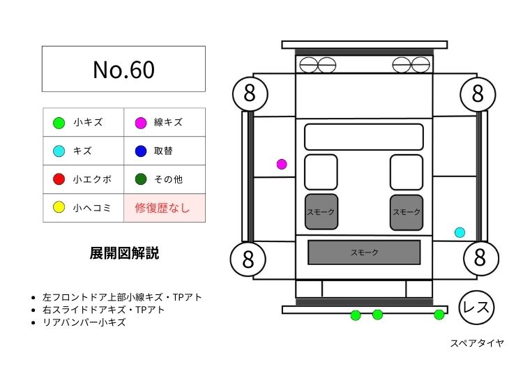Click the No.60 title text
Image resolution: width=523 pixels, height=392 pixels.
123,69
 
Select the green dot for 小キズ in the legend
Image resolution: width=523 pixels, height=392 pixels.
59,123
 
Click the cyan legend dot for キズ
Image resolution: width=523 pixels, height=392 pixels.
59,151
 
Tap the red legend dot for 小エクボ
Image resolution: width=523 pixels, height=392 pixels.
59,179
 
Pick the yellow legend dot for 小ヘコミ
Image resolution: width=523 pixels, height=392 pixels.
59,207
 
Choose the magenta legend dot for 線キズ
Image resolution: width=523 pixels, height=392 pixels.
140,123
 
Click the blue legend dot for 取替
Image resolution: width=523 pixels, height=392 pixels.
140,151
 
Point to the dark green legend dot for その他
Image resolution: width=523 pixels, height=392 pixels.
140,179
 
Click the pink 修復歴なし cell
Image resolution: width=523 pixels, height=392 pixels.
165,208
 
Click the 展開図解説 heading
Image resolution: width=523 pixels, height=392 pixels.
124,253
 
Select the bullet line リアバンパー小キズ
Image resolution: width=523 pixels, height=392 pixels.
84,322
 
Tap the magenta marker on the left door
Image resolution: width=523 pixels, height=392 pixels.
282,165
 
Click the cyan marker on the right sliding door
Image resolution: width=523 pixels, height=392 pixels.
460,232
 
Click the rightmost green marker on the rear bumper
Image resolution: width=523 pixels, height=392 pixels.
439,315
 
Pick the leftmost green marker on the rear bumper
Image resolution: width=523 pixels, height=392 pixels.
355,315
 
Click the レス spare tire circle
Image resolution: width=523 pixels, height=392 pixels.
477,308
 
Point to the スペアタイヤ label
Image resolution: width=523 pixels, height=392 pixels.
477,343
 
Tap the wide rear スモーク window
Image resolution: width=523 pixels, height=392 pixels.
364,252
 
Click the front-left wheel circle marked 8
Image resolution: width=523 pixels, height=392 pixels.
250,93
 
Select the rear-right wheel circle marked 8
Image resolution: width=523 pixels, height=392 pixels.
479,257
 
